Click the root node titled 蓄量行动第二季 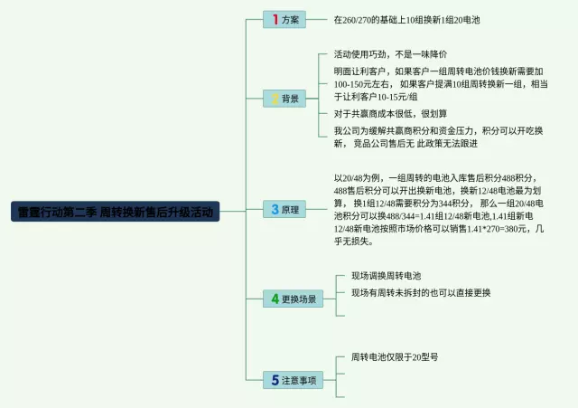click(x=116, y=213)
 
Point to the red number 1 click(x=275, y=19)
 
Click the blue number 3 click(x=275, y=209)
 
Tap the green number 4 click(x=275, y=298)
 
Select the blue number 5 click(x=275, y=380)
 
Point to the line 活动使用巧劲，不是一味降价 click(x=390, y=54)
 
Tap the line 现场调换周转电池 click(x=386, y=275)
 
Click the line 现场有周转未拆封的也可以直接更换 click(x=421, y=292)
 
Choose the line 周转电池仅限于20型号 click(x=394, y=357)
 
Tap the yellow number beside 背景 click(x=275, y=98)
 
